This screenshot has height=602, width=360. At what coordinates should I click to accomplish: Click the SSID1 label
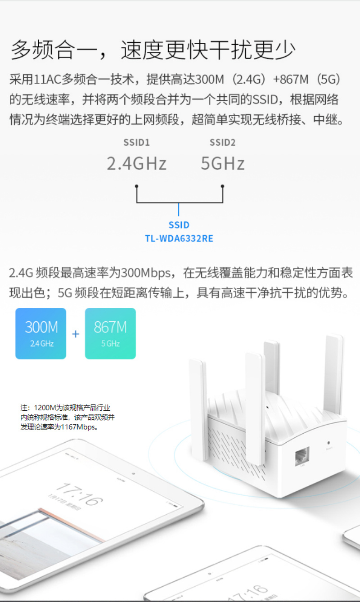pyautogui.click(x=136, y=143)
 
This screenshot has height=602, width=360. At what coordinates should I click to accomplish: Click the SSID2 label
pyautogui.click(x=223, y=143)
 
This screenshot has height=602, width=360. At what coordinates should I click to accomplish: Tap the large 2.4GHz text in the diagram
pyautogui.click(x=137, y=163)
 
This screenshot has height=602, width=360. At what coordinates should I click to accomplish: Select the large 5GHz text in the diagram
pyautogui.click(x=223, y=163)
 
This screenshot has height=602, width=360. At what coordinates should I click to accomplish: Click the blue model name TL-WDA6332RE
pyautogui.click(x=179, y=238)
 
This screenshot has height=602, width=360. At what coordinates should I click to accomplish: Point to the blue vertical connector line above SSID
pyautogui.click(x=179, y=210)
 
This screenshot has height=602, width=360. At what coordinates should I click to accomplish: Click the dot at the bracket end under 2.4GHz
pyautogui.click(x=137, y=186)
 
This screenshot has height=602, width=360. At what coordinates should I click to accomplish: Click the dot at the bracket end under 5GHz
pyautogui.click(x=222, y=186)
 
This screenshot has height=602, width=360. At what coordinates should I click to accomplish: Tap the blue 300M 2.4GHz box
pyautogui.click(x=41, y=333)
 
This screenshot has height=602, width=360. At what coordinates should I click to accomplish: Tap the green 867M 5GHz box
pyautogui.click(x=110, y=333)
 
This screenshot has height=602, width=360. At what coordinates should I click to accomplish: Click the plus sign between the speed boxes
pyautogui.click(x=76, y=334)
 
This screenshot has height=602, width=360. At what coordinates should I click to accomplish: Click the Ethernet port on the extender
pyautogui.click(x=302, y=456)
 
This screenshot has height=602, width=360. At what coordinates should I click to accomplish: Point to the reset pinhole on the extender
pyautogui.click(x=328, y=443)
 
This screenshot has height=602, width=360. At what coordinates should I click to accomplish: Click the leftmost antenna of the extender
pyautogui.click(x=198, y=409)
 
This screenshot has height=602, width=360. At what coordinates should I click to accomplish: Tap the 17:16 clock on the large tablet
pyautogui.click(x=80, y=494)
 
